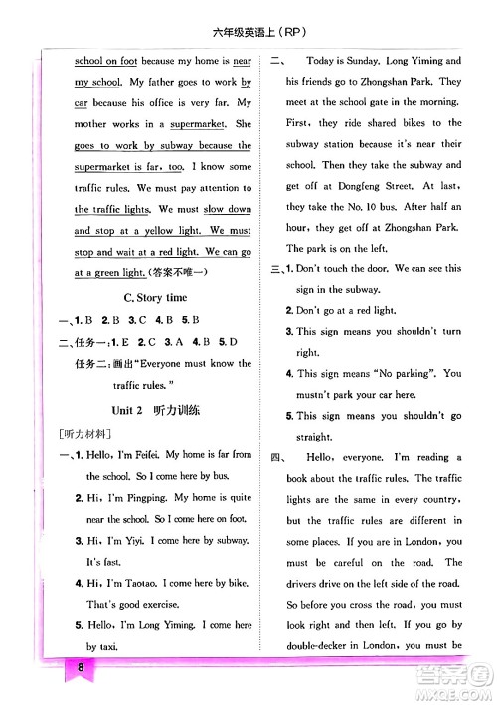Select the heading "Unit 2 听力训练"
(x=159, y=410)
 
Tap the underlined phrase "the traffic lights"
(x=112, y=210)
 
